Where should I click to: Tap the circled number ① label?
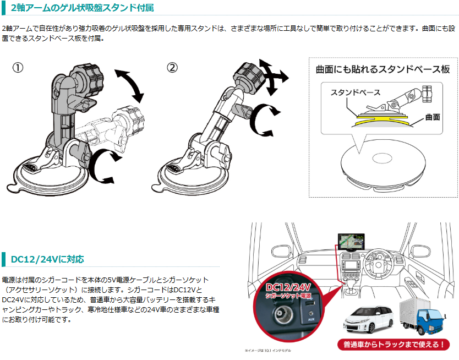tap(18, 68)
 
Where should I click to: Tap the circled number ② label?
tap(172, 68)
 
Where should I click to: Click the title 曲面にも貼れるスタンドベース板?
tap(382, 70)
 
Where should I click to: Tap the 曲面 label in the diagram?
tap(432, 117)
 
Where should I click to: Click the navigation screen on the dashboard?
tap(352, 243)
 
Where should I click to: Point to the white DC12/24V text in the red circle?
tap(288, 287)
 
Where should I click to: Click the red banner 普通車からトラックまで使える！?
tap(394, 345)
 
